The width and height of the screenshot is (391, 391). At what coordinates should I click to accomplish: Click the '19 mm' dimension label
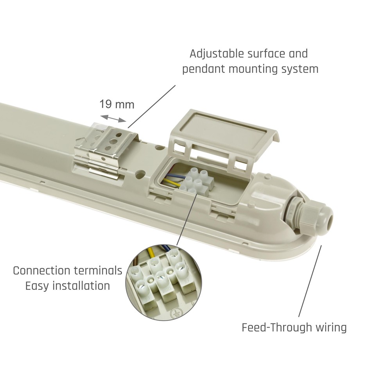pos(117,104)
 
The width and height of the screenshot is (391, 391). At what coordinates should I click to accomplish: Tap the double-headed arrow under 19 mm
pos(113,118)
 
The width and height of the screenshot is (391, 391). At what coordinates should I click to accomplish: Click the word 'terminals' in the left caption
pos(98,271)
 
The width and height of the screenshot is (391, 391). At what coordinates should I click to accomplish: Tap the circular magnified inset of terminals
pos(163,282)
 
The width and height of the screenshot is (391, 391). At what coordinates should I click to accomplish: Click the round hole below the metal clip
pos(141,174)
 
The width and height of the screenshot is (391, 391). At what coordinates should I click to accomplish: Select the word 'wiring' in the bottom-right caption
pos(331,327)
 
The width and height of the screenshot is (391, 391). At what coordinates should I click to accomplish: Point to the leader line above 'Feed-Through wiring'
pos(310,281)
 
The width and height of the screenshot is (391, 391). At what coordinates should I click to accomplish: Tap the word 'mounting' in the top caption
pos(253,69)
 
